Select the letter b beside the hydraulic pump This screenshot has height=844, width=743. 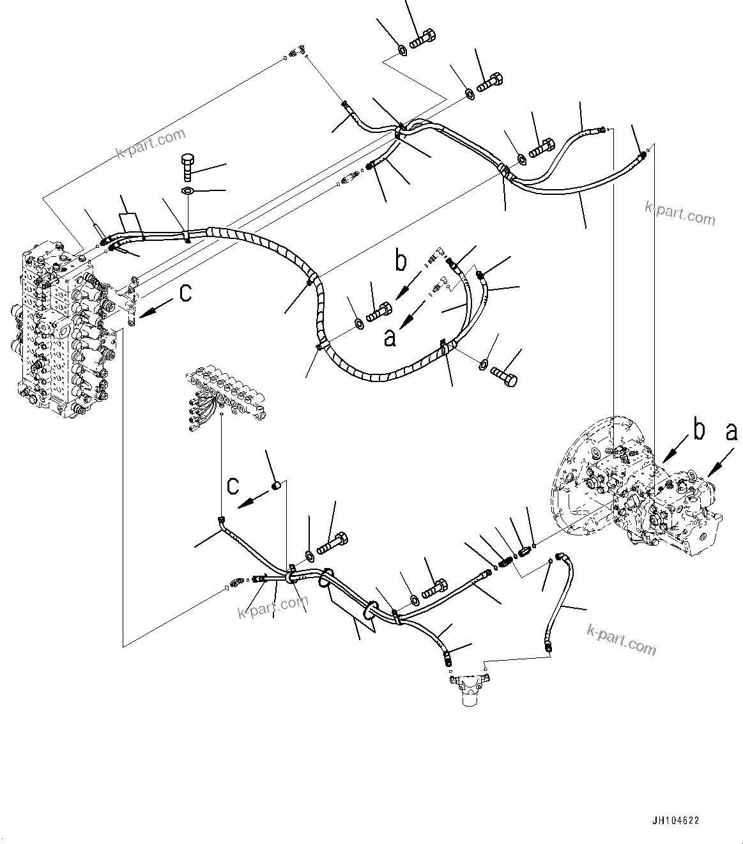pyautogui.click(x=700, y=431)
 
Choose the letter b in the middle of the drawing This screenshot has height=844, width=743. pyautogui.click(x=401, y=261)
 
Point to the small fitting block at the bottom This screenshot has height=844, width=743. pyautogui.click(x=468, y=690)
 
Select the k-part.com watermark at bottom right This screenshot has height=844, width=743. pyautogui.click(x=621, y=638)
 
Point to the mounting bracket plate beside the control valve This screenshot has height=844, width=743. pyautogui.click(x=132, y=301)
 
